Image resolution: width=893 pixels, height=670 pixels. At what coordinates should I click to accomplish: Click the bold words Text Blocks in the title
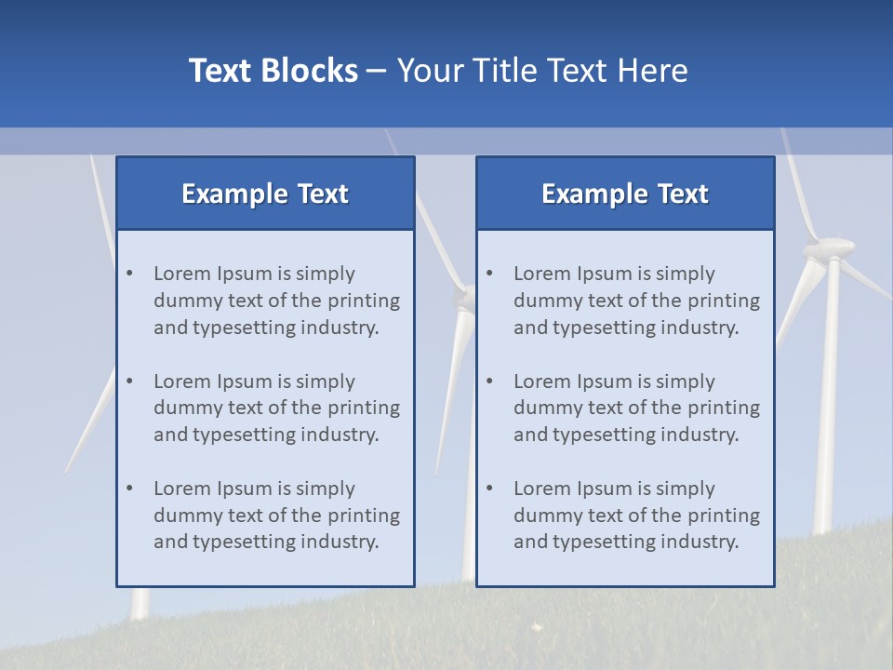coord(273,71)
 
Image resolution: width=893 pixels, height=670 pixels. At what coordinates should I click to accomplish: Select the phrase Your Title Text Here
coord(542,71)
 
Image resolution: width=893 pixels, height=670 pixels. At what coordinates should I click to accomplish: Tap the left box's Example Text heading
coord(265,194)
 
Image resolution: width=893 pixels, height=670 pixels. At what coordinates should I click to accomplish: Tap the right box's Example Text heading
coord(625,194)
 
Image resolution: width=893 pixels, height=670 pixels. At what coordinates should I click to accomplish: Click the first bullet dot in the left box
coord(130,274)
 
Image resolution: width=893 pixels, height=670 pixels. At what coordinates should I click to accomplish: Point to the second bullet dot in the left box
coord(130,382)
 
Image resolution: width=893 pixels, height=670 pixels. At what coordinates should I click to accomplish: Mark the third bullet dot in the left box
coord(130,489)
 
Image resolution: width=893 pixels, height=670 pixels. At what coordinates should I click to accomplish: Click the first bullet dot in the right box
coord(490,274)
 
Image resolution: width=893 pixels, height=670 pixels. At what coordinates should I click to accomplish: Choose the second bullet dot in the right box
coord(490,382)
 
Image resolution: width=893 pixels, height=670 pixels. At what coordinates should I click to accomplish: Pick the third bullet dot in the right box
coord(490,489)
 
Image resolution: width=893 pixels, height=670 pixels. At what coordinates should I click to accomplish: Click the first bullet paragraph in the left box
coord(276,301)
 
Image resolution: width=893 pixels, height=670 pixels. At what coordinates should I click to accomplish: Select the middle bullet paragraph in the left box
coord(276,408)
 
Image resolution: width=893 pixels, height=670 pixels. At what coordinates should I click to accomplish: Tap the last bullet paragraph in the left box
coord(276,516)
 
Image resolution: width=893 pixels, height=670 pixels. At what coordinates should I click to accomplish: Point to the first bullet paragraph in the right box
coord(636,301)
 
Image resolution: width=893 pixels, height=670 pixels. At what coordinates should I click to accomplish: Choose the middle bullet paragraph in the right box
coord(636,408)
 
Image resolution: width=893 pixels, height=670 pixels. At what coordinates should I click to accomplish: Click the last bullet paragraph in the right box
coord(636,516)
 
